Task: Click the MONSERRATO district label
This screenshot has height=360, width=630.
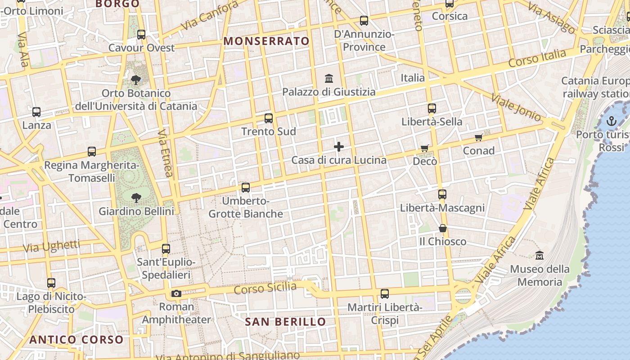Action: pyautogui.click(x=266, y=41)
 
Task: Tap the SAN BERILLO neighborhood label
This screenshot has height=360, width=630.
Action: pyautogui.click(x=285, y=322)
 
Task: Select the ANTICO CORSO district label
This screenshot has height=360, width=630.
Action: pyautogui.click(x=76, y=340)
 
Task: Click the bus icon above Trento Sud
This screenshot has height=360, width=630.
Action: pyautogui.click(x=269, y=118)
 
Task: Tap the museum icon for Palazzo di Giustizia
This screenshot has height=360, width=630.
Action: pyautogui.click(x=329, y=79)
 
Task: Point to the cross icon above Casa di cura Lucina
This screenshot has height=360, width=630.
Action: pyautogui.click(x=339, y=147)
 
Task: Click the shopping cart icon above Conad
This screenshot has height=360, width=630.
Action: pyautogui.click(x=479, y=137)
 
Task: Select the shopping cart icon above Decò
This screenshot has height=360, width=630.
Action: pyautogui.click(x=425, y=148)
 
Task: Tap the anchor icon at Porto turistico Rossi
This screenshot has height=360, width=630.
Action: pyautogui.click(x=611, y=121)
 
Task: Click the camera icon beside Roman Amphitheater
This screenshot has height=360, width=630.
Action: pyautogui.click(x=176, y=294)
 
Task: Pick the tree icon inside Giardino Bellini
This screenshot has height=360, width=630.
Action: pyautogui.click(x=136, y=198)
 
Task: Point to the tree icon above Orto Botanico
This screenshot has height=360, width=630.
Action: pyautogui.click(x=135, y=80)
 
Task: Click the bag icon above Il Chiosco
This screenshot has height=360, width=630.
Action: pyautogui.click(x=443, y=228)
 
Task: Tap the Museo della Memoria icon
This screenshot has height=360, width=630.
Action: pyautogui.click(x=540, y=256)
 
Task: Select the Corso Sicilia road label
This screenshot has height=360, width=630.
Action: pyautogui.click(x=265, y=288)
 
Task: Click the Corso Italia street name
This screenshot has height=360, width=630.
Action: pyautogui.click(x=537, y=58)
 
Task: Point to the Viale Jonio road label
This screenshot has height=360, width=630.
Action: pyautogui.click(x=516, y=107)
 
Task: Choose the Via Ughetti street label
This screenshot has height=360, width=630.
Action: pyautogui.click(x=51, y=246)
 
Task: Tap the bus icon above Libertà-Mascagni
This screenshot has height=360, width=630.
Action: pyautogui.click(x=442, y=194)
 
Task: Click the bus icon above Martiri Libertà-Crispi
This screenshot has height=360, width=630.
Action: pyautogui.click(x=385, y=294)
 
